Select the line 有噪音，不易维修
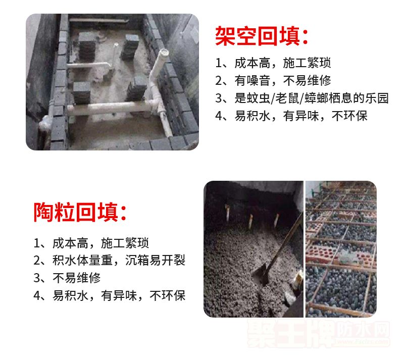point(273,80)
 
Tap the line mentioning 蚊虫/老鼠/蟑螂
point(302,98)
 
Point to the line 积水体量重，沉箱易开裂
point(110,260)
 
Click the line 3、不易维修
point(67,278)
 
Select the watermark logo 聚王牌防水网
point(319,333)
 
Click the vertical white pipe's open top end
point(164,53)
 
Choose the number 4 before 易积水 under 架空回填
point(219,116)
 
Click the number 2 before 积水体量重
point(37,261)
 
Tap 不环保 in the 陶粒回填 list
point(168,295)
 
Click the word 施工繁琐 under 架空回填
point(307,63)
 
